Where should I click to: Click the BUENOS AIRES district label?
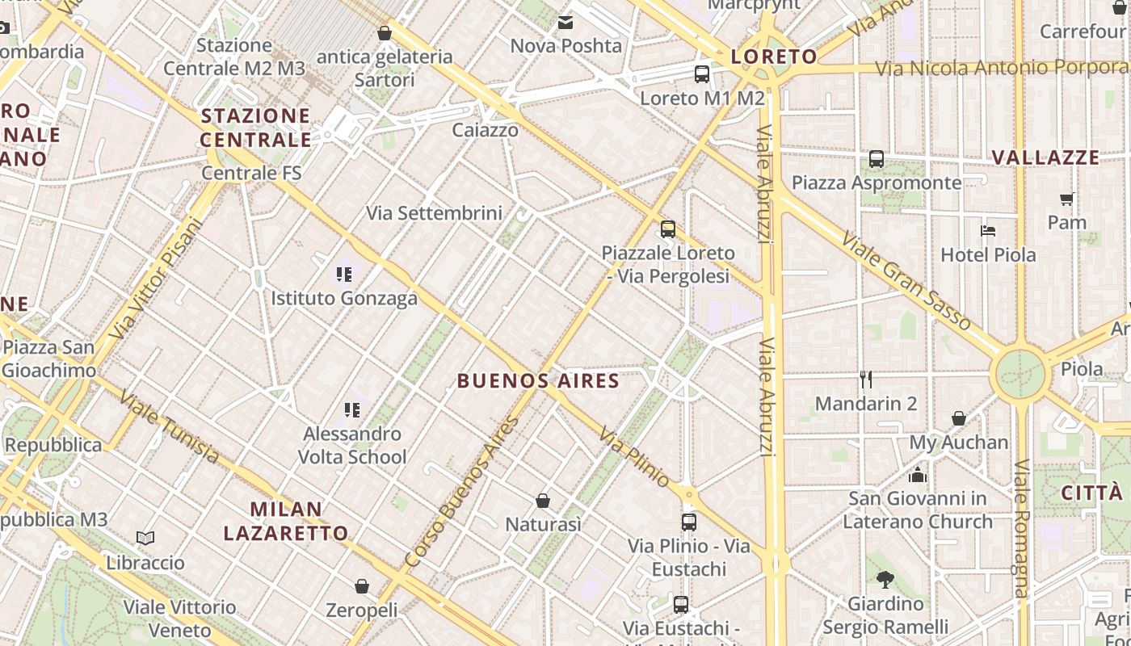[x=538, y=381]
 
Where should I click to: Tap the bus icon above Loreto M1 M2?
[x=701, y=74]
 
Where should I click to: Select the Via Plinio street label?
[x=634, y=457]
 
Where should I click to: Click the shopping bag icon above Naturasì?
[x=543, y=501]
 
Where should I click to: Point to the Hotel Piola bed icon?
[x=987, y=231]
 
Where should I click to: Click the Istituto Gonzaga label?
[x=344, y=298]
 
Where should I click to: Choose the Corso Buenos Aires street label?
[x=461, y=491]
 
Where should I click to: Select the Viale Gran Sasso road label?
[x=906, y=280]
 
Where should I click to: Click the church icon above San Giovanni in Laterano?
[x=917, y=475]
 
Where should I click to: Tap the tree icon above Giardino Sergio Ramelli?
[x=885, y=579]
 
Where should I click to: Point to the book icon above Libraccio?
[x=145, y=539]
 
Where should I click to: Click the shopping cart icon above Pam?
[x=1066, y=199]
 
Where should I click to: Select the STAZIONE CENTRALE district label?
[x=255, y=128]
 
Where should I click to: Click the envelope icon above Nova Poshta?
[x=565, y=23]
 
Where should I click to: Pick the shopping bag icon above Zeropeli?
[x=361, y=585]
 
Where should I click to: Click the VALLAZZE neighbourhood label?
[x=1045, y=157]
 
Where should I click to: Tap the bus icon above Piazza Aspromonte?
[x=877, y=159]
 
